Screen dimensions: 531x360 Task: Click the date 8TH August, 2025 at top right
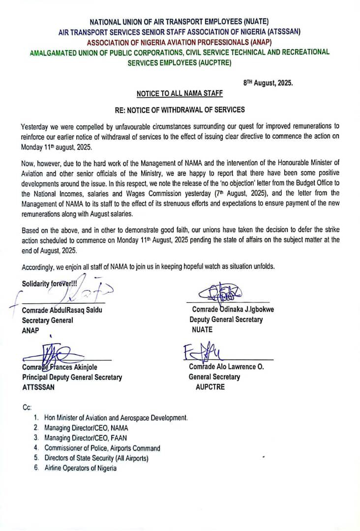(268, 83)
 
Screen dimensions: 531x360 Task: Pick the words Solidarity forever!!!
(49, 284)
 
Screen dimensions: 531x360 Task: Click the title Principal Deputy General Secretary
(72, 377)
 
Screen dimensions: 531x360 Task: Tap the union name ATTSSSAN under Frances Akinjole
(38, 387)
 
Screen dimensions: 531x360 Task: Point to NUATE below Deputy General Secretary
(202, 329)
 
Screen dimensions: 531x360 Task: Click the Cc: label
(27, 408)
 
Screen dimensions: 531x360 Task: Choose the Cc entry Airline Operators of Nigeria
(81, 468)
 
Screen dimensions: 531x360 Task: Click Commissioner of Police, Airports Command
(102, 448)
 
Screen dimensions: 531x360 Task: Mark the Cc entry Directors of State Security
(96, 458)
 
